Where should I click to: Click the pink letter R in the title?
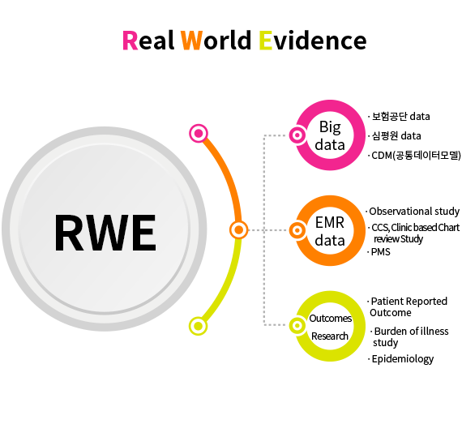click(x=130, y=41)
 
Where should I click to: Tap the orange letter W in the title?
click(x=191, y=41)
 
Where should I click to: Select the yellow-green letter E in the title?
click(x=266, y=41)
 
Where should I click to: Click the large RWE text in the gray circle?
click(x=105, y=233)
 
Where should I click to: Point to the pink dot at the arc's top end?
click(x=199, y=134)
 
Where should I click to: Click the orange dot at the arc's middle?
click(x=238, y=229)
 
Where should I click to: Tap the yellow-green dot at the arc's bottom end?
click(x=198, y=326)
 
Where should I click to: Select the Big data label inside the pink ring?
click(x=330, y=135)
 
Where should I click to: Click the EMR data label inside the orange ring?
click(x=330, y=231)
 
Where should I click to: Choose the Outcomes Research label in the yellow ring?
click(x=331, y=327)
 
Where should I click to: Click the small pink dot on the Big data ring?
click(x=297, y=135)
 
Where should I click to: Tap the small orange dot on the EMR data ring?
click(x=297, y=230)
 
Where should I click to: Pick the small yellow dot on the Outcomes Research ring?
click(x=297, y=325)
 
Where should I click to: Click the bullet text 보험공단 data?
click(x=400, y=117)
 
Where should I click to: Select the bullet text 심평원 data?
click(x=395, y=136)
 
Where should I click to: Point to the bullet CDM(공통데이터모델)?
click(x=414, y=156)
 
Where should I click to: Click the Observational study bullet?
click(x=413, y=212)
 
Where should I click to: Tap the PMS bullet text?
click(x=379, y=252)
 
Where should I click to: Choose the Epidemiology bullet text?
click(x=401, y=359)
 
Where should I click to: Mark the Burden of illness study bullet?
click(x=409, y=336)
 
